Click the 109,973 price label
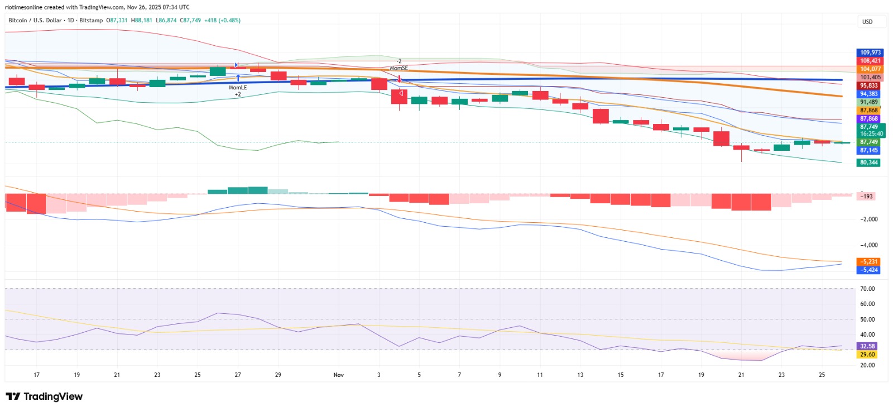[870, 52]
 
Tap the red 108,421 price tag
[870, 61]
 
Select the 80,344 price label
[868, 163]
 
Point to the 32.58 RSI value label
[867, 346]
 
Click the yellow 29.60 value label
[867, 355]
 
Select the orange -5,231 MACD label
[868, 262]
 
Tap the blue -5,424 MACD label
[868, 270]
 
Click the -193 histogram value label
[866, 197]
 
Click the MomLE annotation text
[238, 87]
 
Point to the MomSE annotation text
[399, 68]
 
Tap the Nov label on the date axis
[338, 375]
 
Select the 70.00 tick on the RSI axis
[867, 289]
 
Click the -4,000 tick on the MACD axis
[868, 245]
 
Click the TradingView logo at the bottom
[44, 396]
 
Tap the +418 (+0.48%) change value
[223, 20]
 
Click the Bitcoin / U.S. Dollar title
[35, 20]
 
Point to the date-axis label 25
[822, 375]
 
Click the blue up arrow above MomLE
[238, 78]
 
